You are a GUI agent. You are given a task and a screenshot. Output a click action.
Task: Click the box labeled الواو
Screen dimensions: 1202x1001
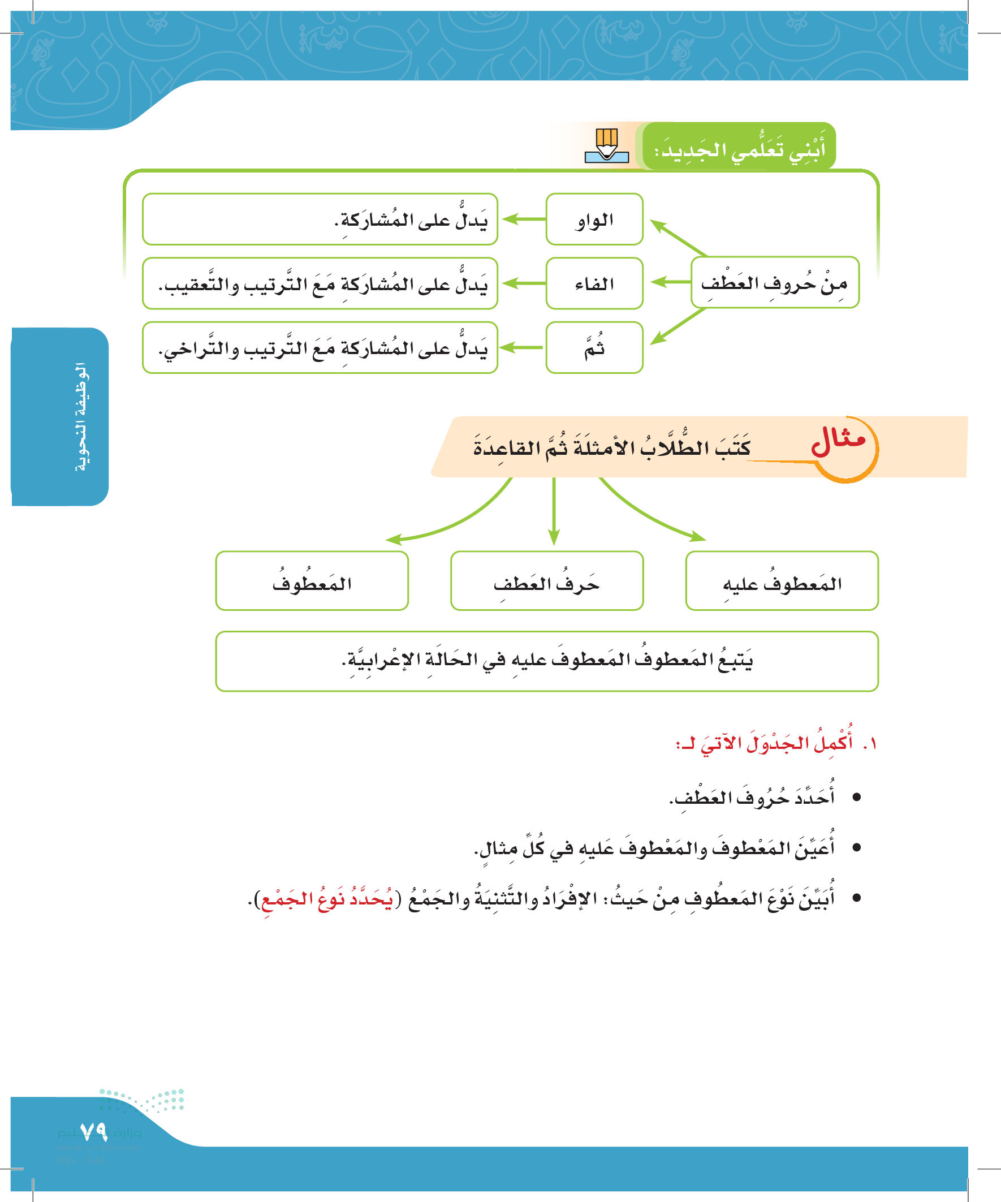point(594,220)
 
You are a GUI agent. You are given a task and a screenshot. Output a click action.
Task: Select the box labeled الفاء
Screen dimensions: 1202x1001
point(594,284)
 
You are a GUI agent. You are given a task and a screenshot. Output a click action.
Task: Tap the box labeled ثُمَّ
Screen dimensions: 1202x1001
point(594,348)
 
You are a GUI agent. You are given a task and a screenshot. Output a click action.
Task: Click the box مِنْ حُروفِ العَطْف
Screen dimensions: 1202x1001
point(774,283)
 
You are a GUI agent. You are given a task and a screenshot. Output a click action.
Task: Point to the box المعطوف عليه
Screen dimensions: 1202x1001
point(782,581)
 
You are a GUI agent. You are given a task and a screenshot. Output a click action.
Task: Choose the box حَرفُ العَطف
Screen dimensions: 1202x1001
point(546,581)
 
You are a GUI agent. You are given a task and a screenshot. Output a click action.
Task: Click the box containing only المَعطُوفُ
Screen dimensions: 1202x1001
point(312,581)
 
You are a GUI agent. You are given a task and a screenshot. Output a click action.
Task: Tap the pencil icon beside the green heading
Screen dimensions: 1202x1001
point(607,146)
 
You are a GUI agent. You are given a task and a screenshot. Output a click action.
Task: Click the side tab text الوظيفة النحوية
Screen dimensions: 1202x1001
point(82,417)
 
